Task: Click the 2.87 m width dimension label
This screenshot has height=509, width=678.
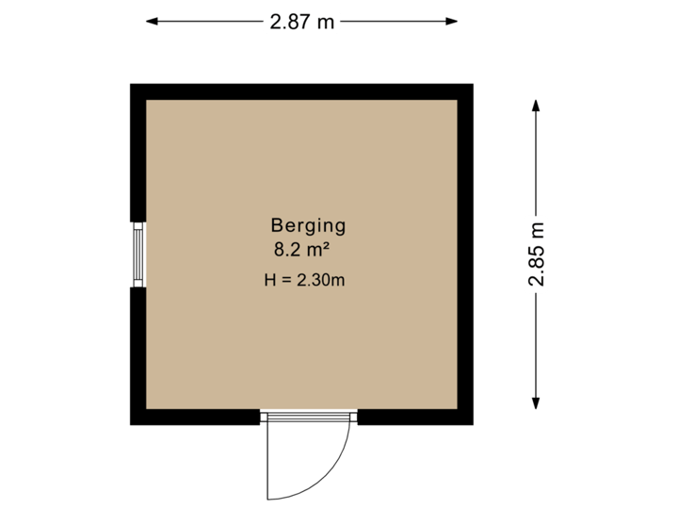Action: pyautogui.click(x=301, y=22)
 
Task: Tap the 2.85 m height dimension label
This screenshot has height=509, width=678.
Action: pyautogui.click(x=537, y=254)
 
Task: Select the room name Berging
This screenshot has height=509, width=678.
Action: pyautogui.click(x=309, y=225)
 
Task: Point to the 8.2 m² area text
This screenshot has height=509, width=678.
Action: pyautogui.click(x=300, y=250)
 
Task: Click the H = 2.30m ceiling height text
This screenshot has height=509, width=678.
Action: pyautogui.click(x=305, y=280)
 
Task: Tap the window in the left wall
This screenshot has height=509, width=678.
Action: pyautogui.click(x=138, y=254)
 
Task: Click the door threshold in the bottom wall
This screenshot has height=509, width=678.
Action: pyautogui.click(x=309, y=418)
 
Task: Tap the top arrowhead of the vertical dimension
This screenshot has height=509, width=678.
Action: pyautogui.click(x=537, y=104)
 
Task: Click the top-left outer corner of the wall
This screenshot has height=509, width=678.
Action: pyautogui.click(x=131, y=85)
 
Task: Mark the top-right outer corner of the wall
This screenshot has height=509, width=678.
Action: pyautogui.click(x=472, y=85)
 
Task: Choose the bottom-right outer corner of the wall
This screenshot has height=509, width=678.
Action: pyautogui.click(x=472, y=424)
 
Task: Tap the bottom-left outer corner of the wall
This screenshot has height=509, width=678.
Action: pyautogui.click(x=131, y=424)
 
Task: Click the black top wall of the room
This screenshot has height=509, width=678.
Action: pyautogui.click(x=301, y=91)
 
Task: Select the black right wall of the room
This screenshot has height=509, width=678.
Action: pyautogui.click(x=465, y=254)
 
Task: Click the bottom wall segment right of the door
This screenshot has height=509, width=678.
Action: pyautogui.click(x=414, y=418)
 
